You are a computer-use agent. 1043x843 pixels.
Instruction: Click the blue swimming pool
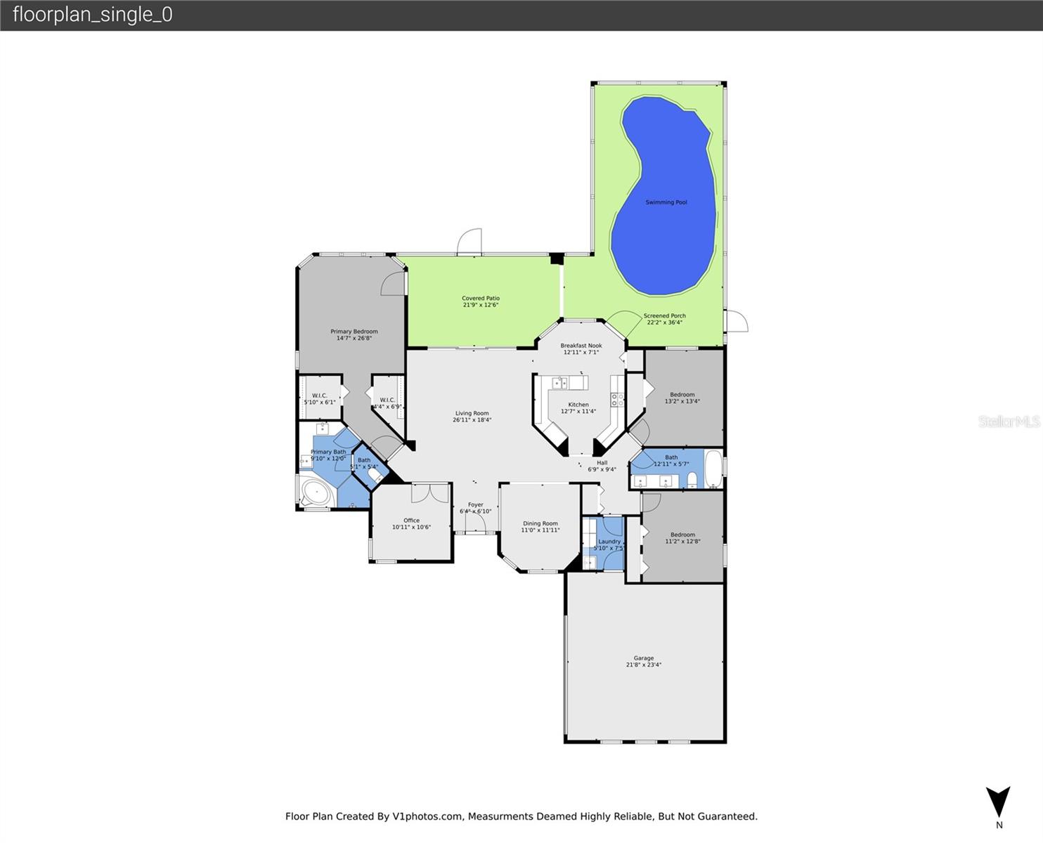click(x=664, y=204)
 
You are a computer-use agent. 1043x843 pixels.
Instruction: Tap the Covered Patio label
click(x=481, y=299)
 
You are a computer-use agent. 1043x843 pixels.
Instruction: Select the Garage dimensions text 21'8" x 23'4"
click(x=644, y=665)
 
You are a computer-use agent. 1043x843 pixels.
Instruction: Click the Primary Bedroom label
click(x=354, y=332)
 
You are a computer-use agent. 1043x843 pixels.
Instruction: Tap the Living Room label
click(x=472, y=414)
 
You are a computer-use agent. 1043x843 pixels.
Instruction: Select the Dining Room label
click(x=540, y=523)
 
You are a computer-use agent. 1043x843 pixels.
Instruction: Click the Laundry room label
click(x=609, y=542)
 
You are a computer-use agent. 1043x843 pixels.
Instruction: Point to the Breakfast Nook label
click(x=581, y=346)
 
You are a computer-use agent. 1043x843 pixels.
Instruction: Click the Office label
click(x=411, y=521)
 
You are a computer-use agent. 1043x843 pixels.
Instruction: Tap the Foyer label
click(x=476, y=504)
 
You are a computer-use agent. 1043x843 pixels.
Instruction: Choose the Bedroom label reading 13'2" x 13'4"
click(x=682, y=395)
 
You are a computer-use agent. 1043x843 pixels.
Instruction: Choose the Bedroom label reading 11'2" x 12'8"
click(x=682, y=535)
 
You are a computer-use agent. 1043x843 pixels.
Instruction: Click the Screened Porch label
click(x=664, y=316)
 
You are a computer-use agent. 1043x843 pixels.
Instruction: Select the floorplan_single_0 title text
click(x=93, y=15)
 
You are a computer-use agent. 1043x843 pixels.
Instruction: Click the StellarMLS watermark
click(x=1009, y=421)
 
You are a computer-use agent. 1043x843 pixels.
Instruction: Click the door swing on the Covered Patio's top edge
click(x=469, y=242)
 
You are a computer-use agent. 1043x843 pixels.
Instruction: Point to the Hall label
click(x=602, y=463)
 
